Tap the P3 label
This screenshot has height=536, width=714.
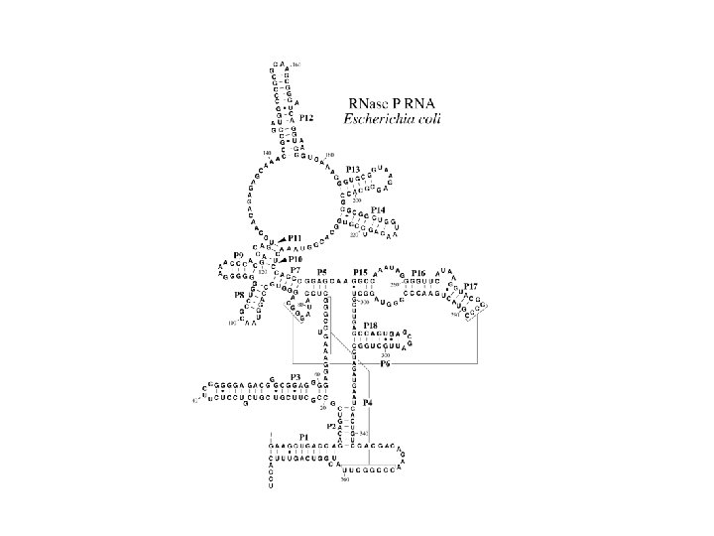coord(296,377)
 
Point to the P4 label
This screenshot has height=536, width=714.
coord(368,402)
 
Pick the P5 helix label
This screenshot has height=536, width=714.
coord(320,272)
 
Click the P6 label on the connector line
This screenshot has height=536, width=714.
coord(387,365)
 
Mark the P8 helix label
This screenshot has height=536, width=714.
coord(239,295)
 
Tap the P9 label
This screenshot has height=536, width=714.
coord(239,256)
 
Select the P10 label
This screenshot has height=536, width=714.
coord(296,259)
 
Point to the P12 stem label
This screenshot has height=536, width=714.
coord(306,118)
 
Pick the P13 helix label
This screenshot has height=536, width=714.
coord(353,170)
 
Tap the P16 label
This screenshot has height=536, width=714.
coord(418,272)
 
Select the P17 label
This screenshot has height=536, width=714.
coord(470,286)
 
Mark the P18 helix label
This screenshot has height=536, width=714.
coord(370,326)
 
